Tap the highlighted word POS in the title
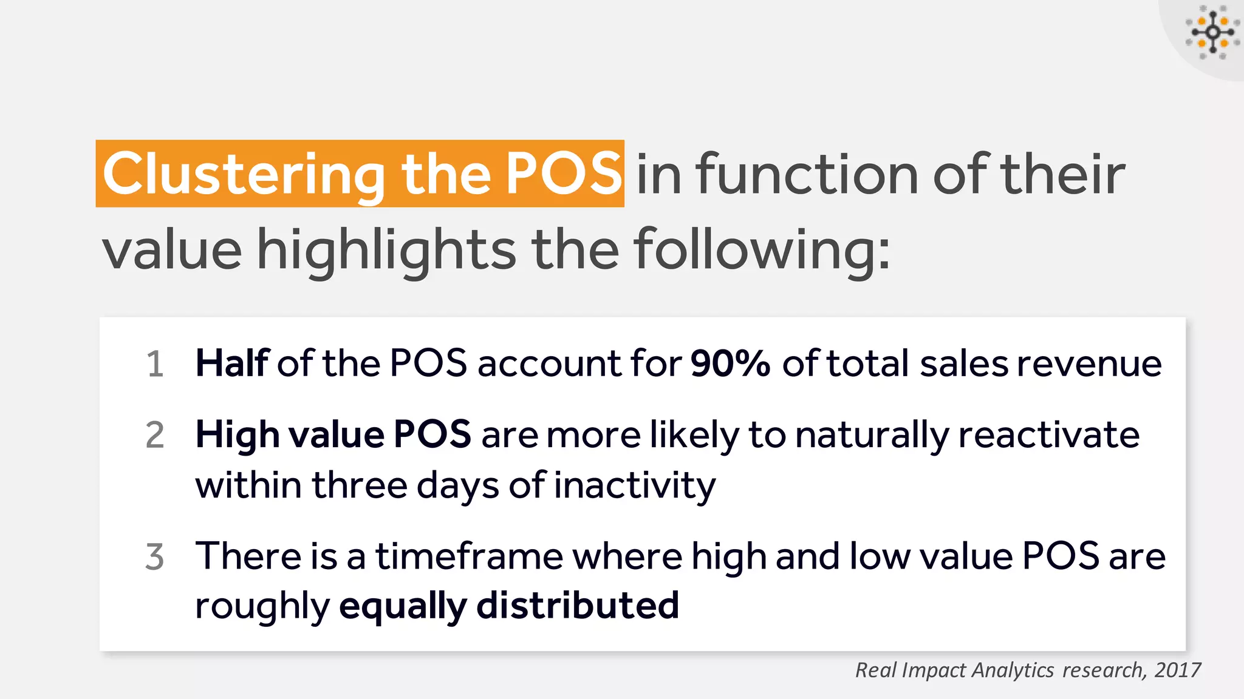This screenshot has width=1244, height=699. [x=563, y=174]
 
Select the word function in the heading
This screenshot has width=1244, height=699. [x=807, y=175]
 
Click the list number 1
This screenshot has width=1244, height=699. [x=155, y=365]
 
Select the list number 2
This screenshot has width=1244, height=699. [x=155, y=436]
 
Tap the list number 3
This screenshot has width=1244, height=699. [x=155, y=557]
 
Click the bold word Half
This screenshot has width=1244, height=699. [x=231, y=363]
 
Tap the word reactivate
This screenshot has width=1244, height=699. [x=1048, y=435]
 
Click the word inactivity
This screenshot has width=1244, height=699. [x=635, y=485]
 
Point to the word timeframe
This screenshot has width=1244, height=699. [x=470, y=556]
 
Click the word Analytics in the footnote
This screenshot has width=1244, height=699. [x=1013, y=670]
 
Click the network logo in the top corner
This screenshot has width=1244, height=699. [x=1212, y=33]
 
